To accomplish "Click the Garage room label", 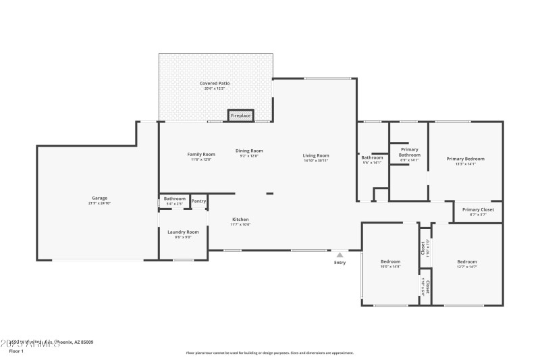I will (x=100, y=199).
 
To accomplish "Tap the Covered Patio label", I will (x=214, y=83).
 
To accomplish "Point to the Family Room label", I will (x=200, y=154).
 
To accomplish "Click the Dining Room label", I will (x=249, y=151).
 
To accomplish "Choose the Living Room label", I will (x=316, y=156).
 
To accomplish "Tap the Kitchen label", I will (x=241, y=220).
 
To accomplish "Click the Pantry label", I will (x=198, y=201).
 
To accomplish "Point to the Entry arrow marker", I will (x=340, y=255).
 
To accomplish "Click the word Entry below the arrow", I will (x=340, y=263).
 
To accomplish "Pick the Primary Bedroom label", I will (x=465, y=159).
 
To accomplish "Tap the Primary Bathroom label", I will (x=410, y=152).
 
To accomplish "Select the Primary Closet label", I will (x=478, y=209).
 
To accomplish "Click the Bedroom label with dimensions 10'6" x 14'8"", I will (x=390, y=261).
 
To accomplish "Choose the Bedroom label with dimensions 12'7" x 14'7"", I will (x=466, y=261).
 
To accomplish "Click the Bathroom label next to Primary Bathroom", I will (x=372, y=157).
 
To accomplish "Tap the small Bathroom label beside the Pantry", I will (x=174, y=199).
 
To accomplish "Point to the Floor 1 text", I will (x=16, y=351).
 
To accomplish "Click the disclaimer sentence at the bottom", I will (x=269, y=353).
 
